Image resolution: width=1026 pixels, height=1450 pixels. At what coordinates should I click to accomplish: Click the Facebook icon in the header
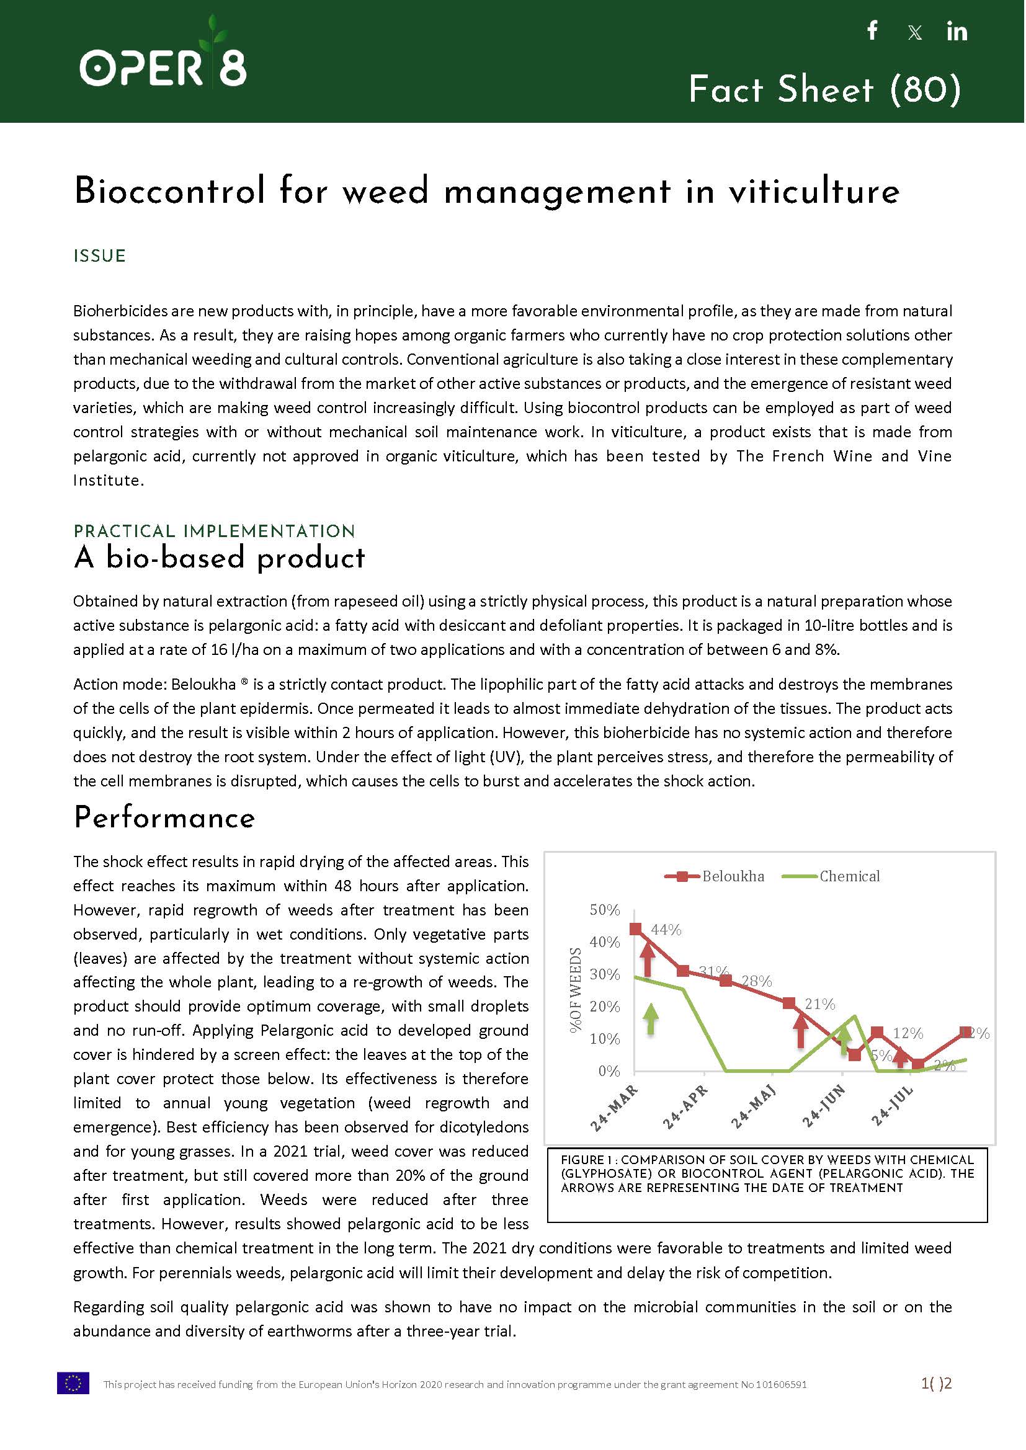873,30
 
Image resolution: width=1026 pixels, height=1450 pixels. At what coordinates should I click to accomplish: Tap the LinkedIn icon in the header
957,32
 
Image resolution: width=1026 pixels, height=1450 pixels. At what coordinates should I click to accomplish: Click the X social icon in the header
914,33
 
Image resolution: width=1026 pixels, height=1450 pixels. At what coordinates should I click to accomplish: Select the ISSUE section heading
100,256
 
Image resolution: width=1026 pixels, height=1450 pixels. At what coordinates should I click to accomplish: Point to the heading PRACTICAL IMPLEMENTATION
214,531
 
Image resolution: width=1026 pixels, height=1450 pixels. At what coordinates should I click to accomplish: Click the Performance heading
164,817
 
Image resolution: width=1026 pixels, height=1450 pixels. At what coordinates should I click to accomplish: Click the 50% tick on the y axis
605,910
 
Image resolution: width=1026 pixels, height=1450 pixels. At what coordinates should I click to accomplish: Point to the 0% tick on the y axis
609,1071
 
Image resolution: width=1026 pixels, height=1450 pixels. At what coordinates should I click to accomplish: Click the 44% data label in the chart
666,930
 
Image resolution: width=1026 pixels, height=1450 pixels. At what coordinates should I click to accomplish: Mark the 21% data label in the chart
819,1004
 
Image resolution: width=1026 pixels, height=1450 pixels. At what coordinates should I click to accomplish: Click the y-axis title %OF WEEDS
575,990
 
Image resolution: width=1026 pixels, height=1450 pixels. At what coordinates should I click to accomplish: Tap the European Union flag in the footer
73,1383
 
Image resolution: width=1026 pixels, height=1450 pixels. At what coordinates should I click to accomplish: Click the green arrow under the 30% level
651,1019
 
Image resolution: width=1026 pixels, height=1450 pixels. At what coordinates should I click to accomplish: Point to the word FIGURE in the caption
582,1160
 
